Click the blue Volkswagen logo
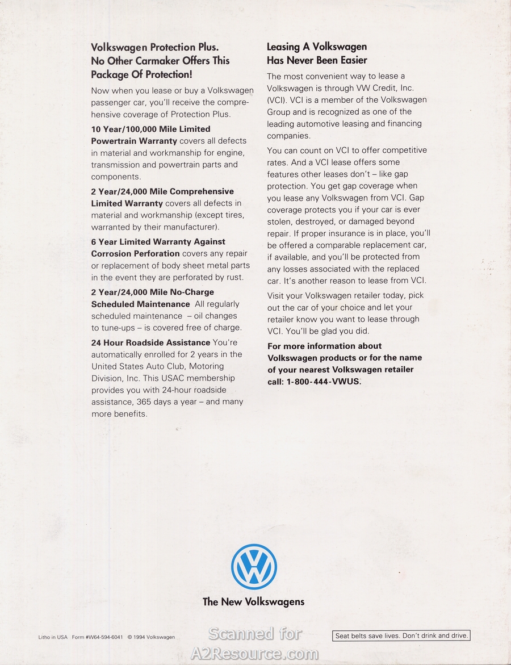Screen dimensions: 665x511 [254, 566]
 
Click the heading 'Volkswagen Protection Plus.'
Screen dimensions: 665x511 [154, 47]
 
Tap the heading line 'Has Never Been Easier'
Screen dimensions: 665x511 [317, 60]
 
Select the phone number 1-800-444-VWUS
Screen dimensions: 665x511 [322, 382]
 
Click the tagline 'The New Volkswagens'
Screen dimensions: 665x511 [253, 602]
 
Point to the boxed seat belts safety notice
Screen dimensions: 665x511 [401, 636]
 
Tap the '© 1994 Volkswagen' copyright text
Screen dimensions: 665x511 [151, 637]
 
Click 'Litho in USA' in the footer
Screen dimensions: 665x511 [53, 637]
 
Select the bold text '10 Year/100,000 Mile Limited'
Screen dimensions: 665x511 [150, 129]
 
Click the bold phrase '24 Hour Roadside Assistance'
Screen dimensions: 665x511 [150, 342]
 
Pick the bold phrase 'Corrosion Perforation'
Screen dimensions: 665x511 [135, 253]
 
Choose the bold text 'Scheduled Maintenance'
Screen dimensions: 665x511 [140, 304]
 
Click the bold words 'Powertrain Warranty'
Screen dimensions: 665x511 [134, 140]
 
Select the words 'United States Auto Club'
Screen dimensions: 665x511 [138, 366]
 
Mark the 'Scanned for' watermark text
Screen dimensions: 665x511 [256, 634]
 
